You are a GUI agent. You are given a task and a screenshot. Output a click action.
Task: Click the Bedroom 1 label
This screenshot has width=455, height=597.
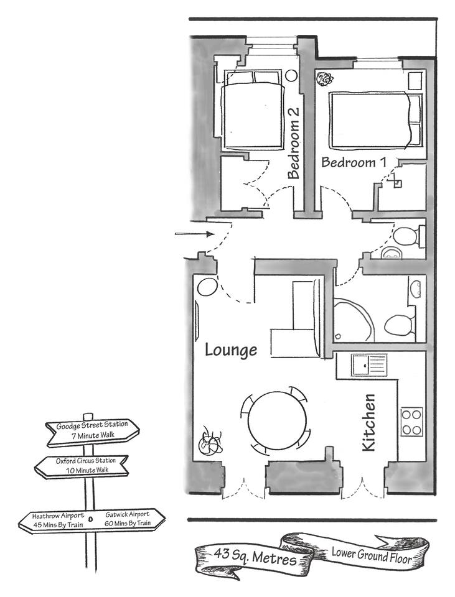point(354,162)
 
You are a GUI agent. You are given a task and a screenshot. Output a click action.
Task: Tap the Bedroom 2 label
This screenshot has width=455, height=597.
point(294,143)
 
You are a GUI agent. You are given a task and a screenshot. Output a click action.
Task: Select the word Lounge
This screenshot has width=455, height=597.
point(231,350)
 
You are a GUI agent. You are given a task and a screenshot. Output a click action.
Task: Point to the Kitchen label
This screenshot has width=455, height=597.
point(368,423)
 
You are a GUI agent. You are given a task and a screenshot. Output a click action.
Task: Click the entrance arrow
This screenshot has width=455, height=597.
point(194,234)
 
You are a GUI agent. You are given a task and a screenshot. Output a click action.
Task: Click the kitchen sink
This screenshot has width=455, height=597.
point(369,365)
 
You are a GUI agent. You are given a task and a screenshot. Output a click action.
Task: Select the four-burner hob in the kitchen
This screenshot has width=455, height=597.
point(411,422)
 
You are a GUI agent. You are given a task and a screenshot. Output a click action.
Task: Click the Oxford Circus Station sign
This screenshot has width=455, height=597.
point(82,466)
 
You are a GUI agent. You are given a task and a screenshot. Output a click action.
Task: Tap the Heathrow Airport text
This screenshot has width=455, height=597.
point(58,520)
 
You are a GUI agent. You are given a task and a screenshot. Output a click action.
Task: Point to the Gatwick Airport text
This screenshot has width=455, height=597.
point(128,519)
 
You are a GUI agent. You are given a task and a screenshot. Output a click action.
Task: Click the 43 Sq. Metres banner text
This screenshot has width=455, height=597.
point(255,557)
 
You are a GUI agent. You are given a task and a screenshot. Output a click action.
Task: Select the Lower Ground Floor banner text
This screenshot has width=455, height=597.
point(372,555)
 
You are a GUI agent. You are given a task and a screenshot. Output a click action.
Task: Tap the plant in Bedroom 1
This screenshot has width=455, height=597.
point(325,79)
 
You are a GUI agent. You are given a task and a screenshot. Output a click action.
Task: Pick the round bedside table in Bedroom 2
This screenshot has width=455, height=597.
point(291,75)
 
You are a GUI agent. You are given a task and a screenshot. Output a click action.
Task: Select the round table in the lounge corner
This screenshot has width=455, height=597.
point(207,287)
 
